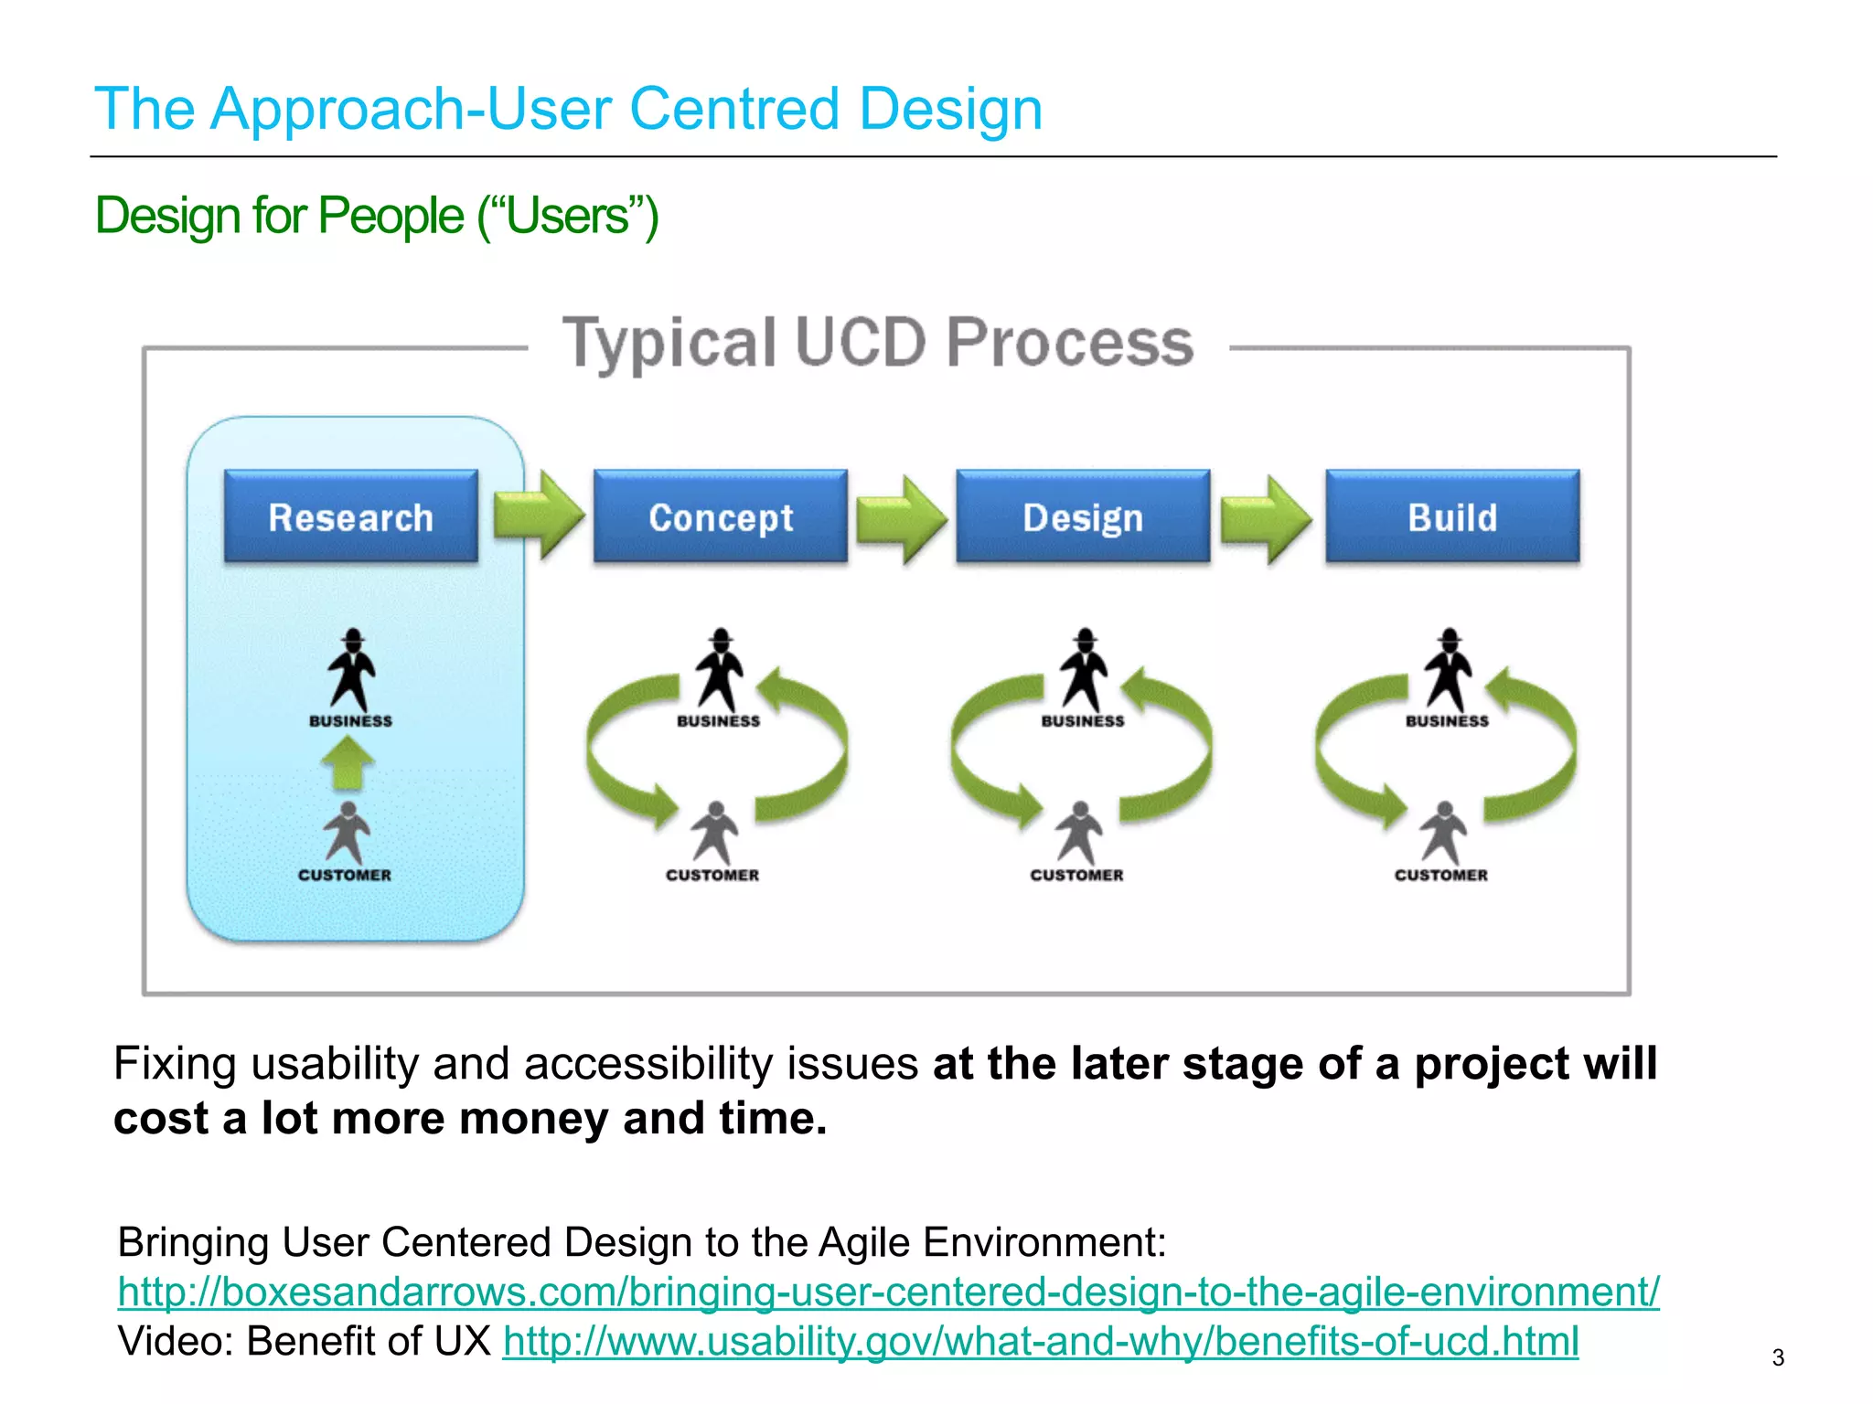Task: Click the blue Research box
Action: click(350, 516)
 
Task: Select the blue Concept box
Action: click(720, 516)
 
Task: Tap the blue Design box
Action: click(1083, 516)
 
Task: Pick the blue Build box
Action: click(1452, 516)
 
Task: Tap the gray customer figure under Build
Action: click(1443, 832)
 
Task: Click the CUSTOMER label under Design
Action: click(1076, 875)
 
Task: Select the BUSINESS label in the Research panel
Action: click(350, 721)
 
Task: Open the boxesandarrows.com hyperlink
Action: click(887, 1292)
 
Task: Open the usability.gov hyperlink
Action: click(1040, 1341)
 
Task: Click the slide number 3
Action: click(1778, 1357)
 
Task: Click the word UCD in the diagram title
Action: click(861, 343)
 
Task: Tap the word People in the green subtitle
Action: click(391, 217)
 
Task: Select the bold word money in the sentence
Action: click(533, 1118)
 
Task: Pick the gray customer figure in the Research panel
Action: click(347, 832)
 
